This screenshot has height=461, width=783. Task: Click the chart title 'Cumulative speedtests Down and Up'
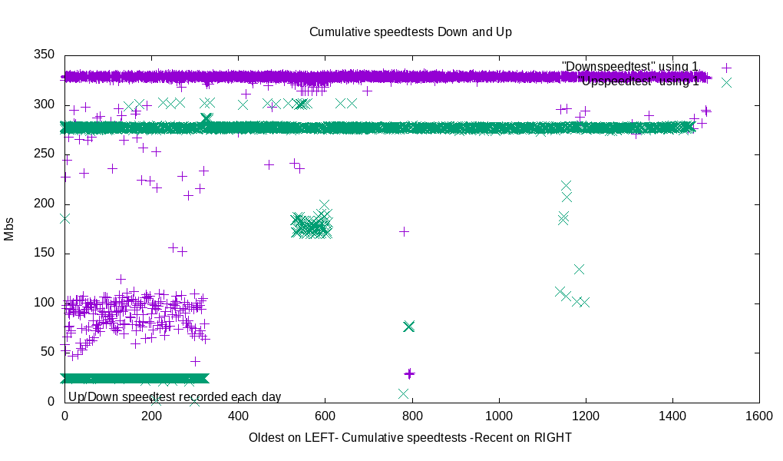(410, 32)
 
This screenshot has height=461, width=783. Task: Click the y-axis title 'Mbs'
(9, 228)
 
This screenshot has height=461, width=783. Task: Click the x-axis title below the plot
(410, 437)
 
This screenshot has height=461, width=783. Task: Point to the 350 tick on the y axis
(45, 55)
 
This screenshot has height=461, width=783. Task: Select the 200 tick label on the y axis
(45, 204)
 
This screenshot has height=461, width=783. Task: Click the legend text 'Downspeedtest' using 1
(630, 67)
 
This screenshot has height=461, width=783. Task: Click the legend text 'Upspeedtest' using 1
(639, 81)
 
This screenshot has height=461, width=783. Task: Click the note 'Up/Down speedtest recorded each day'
(174, 396)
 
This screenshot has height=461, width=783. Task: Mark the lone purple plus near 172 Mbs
(404, 231)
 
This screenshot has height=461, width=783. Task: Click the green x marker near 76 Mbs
(408, 327)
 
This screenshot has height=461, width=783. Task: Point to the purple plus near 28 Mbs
(409, 373)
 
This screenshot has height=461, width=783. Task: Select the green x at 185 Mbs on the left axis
(64, 218)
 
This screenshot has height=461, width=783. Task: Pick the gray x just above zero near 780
(403, 393)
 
